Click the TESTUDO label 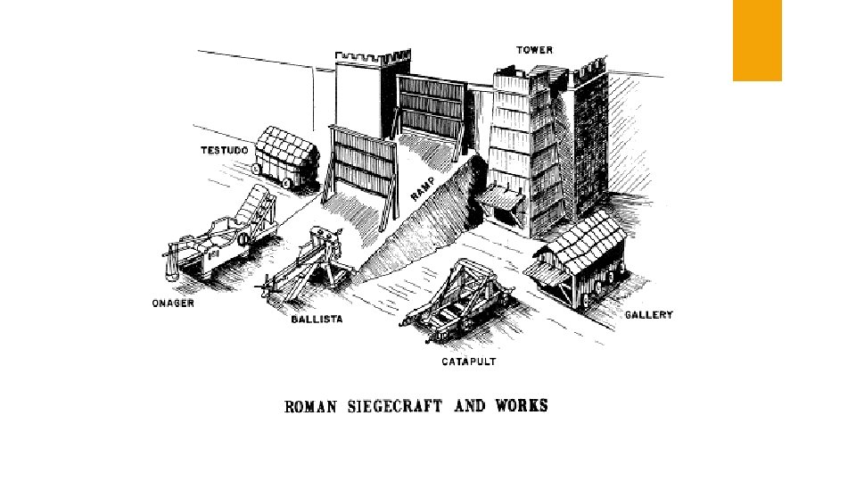tap(221, 150)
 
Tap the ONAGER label tap(172, 303)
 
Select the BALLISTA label tap(317, 319)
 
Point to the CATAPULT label tap(468, 362)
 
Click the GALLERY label tap(648, 315)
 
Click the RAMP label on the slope tap(424, 185)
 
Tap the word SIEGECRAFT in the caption tap(396, 407)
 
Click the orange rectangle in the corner tap(757, 40)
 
